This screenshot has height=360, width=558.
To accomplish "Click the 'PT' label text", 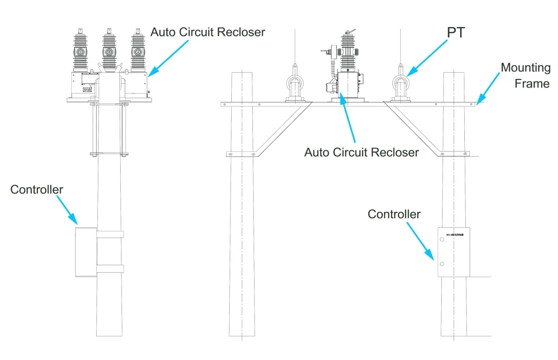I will (455, 33).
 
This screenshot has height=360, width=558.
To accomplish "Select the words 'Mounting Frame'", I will (525, 76).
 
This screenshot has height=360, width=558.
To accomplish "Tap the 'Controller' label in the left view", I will (36, 190).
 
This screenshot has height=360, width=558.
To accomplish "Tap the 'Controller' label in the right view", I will (394, 214).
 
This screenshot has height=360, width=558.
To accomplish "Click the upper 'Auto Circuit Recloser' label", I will (208, 32).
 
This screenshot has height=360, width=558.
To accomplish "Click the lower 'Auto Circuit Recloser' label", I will (361, 152).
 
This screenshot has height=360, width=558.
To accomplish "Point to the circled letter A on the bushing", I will (137, 52).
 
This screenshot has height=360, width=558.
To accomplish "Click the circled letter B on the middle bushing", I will (109, 52).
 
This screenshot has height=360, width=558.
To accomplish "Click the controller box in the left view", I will (85, 252).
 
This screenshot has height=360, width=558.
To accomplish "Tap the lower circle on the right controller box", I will (441, 263).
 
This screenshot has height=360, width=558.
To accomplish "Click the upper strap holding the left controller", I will (109, 234).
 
